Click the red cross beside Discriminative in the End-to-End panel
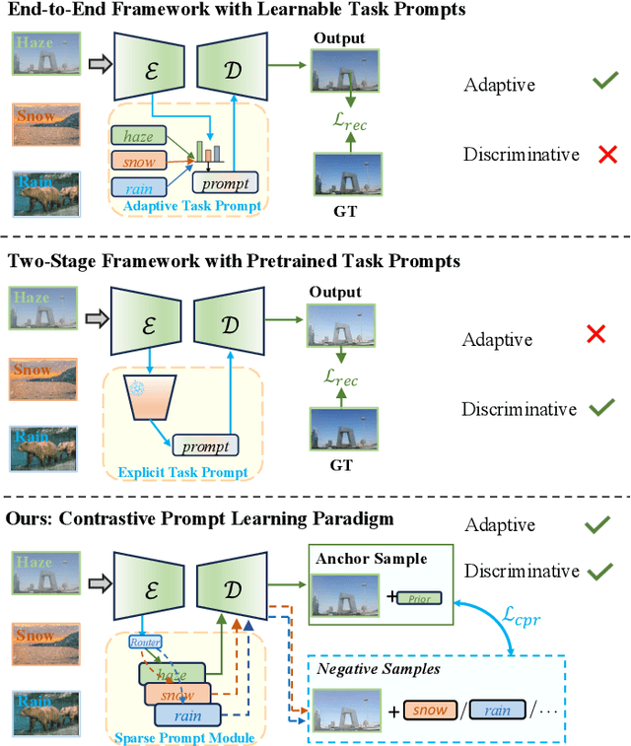(582, 155)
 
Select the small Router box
(145, 642)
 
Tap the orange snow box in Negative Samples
(430, 710)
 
